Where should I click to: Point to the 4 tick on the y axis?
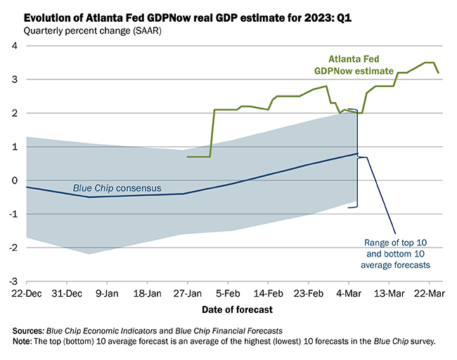point(13,46)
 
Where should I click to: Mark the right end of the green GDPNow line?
point(439,72)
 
